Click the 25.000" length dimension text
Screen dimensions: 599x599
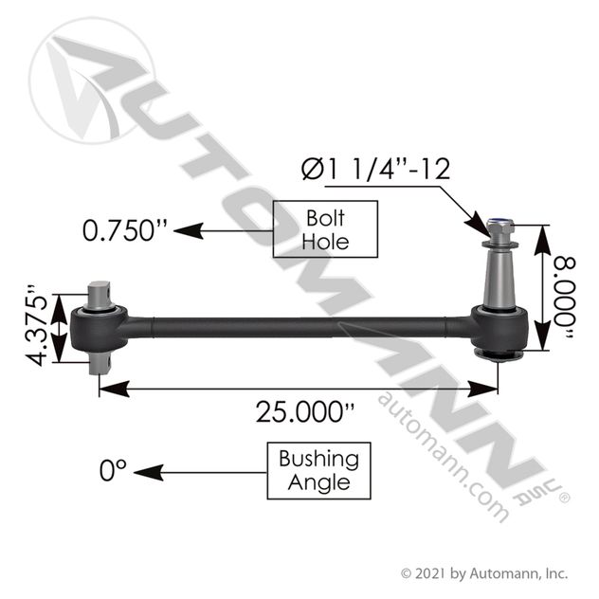coord(305,411)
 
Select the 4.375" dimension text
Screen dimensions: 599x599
coord(37,325)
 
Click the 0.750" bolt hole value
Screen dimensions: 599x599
coord(124,230)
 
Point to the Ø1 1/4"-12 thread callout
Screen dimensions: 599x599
coord(375,169)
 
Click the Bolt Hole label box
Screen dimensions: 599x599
coord(325,229)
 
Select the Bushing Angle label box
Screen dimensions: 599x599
coord(318,471)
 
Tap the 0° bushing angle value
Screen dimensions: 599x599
coord(113,470)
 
